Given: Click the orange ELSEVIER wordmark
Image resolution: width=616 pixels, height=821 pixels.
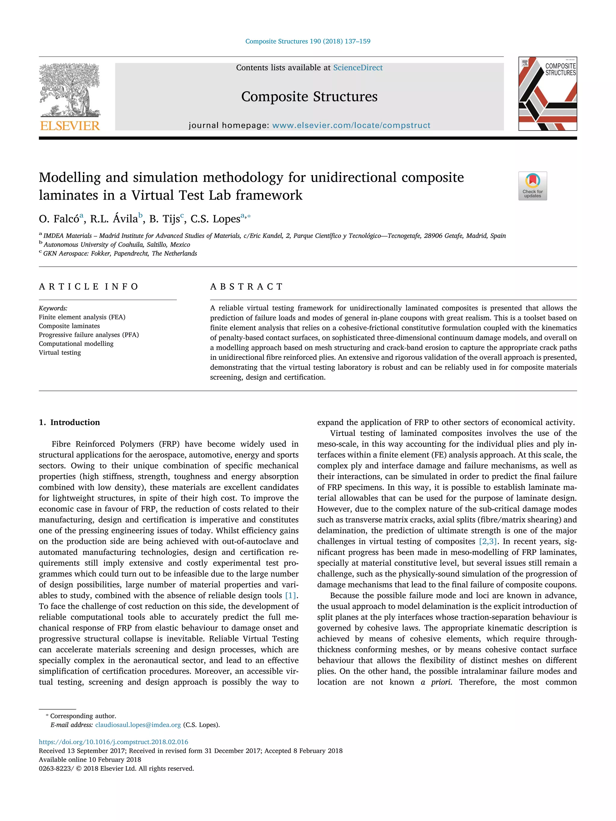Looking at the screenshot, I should point(70,126).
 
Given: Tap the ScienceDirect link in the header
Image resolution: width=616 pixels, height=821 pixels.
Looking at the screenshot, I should point(358,68).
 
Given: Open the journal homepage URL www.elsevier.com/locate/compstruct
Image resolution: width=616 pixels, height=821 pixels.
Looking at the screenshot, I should point(351,125).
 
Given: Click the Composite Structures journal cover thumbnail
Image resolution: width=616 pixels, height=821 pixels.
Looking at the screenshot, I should point(547,93).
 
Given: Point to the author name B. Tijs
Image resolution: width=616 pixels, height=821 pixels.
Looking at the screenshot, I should point(164,219).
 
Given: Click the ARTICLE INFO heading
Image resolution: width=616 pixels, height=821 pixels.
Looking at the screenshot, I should point(88,286).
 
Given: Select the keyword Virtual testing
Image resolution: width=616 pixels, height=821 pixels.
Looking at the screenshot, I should point(60,353).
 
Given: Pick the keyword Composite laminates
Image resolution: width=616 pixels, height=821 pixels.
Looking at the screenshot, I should point(69,326).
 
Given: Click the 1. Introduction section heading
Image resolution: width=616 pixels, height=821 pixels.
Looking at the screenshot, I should point(69,422).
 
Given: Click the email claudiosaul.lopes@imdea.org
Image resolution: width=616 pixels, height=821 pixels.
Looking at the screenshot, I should point(138,725).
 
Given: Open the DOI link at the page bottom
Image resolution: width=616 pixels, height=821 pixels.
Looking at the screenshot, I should point(113,742).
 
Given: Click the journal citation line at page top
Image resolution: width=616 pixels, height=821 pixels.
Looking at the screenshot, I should point(307,41).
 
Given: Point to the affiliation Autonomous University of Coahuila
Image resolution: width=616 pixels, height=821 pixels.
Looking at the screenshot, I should point(117,245).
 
